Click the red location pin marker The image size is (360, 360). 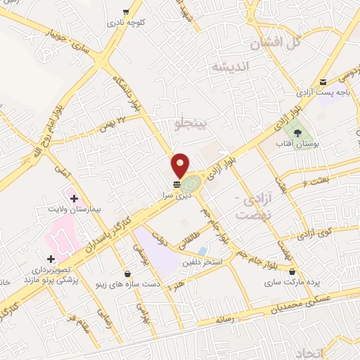[x=181, y=165]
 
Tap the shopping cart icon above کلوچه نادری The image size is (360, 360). [x=126, y=11]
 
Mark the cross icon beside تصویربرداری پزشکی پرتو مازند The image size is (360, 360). [x=50, y=259]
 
